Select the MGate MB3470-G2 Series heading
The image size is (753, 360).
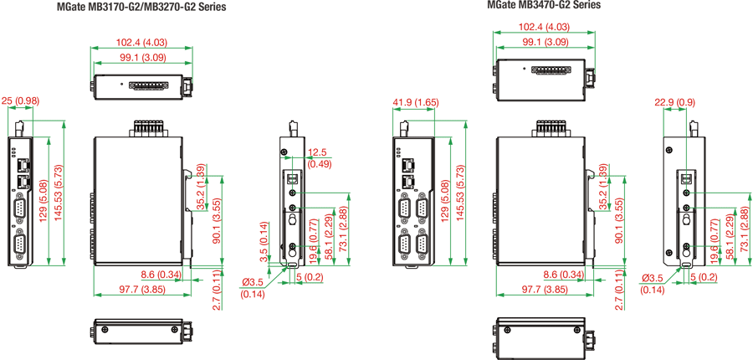click(x=544, y=5)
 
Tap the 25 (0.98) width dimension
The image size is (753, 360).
click(x=20, y=101)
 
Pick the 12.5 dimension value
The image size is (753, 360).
click(x=318, y=152)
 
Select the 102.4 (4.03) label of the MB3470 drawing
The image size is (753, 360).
click(x=545, y=27)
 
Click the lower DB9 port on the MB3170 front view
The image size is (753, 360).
click(x=20, y=244)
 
